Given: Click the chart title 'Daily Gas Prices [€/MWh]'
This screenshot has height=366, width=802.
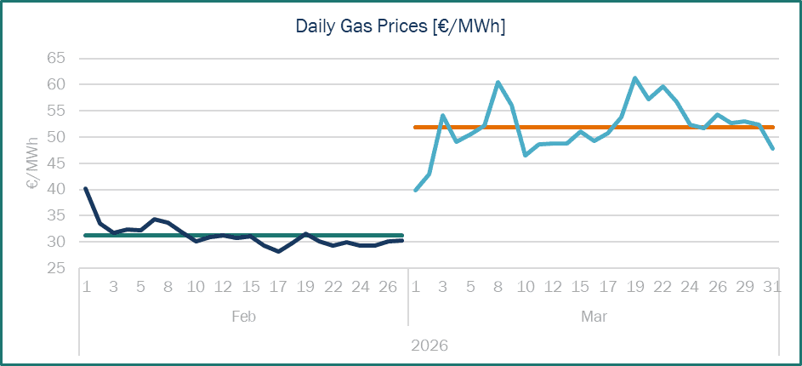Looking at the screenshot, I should click(x=401, y=26).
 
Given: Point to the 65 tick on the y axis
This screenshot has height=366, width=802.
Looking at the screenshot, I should click(x=55, y=59).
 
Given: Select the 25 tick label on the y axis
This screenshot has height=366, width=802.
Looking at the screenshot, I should click(x=55, y=268).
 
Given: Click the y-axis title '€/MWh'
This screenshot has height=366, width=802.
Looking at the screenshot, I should click(x=32, y=163).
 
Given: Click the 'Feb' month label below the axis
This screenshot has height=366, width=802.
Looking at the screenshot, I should click(x=243, y=317).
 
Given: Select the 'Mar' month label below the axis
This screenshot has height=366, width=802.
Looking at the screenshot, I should click(x=594, y=317).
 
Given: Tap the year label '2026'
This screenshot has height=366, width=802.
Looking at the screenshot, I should click(x=429, y=346).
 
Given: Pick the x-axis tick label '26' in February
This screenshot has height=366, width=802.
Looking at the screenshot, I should click(x=388, y=287).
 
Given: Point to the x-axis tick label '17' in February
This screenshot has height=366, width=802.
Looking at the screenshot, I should click(x=278, y=287).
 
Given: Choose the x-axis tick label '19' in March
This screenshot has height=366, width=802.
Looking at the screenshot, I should click(x=634, y=287).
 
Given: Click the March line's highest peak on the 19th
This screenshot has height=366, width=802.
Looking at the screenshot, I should click(x=634, y=78).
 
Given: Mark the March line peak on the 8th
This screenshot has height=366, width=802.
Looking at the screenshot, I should click(x=498, y=83).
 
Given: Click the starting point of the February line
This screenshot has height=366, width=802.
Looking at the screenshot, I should click(x=86, y=189).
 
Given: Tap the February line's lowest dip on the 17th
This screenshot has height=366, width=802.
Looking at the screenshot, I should click(x=278, y=251).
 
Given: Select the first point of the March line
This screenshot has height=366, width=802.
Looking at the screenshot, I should click(x=415, y=190).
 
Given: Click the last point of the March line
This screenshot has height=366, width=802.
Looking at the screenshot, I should click(x=772, y=148).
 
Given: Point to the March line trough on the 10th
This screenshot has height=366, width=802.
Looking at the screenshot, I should click(x=526, y=155).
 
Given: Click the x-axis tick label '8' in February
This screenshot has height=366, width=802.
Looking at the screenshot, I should click(x=168, y=287).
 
